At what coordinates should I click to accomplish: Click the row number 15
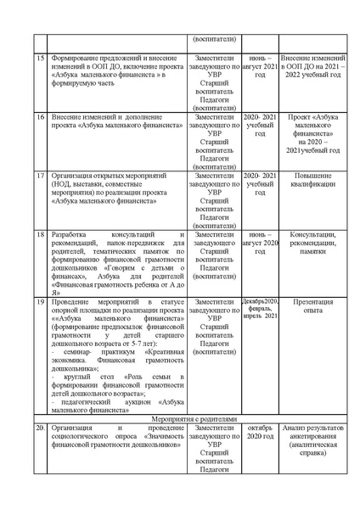tap(40, 56)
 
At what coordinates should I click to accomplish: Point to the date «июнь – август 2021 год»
tap(255, 65)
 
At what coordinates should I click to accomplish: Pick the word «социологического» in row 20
tap(80, 438)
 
